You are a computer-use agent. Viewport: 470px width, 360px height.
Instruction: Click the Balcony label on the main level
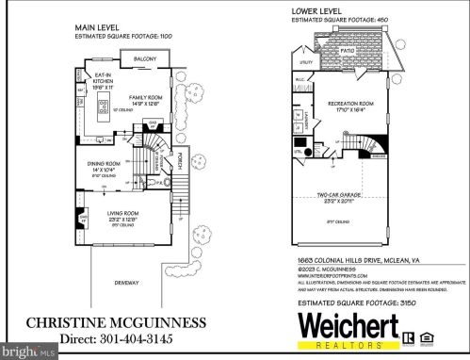coord(144,59)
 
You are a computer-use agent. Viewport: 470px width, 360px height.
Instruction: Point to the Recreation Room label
coord(350,104)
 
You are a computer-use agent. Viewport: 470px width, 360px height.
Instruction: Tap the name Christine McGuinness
coord(112,322)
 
